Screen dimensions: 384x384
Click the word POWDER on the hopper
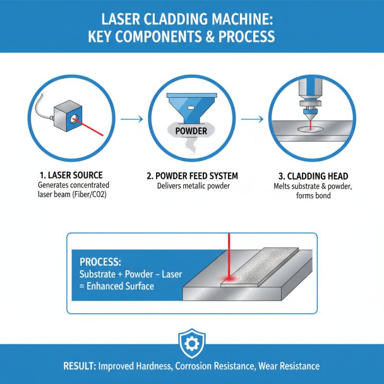192,131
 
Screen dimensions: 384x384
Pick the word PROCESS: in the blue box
100,263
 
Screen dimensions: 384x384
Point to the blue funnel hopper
192,108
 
